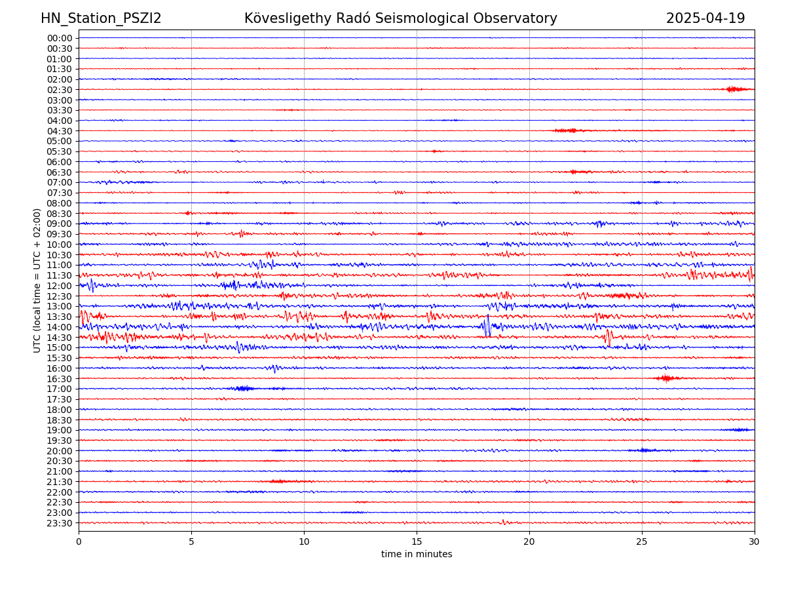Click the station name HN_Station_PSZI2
(101, 18)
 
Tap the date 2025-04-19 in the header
(705, 18)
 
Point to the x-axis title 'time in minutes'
(417, 554)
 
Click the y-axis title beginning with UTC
(37, 281)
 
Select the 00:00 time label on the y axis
(60, 38)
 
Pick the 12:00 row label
(60, 286)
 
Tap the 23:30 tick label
(60, 523)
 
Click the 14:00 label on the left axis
(60, 327)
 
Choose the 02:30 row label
(60, 90)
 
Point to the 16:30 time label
(60, 379)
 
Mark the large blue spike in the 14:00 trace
(487, 326)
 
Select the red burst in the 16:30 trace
(667, 378)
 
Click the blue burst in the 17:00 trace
(244, 389)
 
